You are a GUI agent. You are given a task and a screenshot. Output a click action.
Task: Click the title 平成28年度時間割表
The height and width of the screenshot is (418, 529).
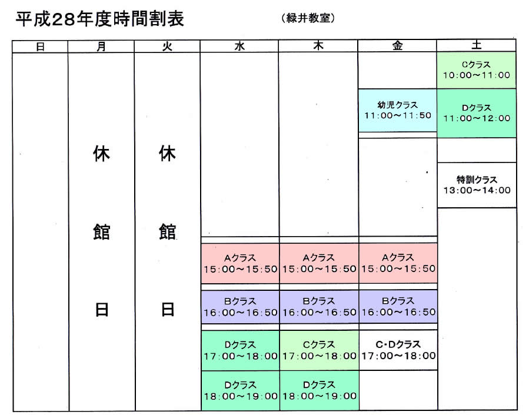tap(100, 19)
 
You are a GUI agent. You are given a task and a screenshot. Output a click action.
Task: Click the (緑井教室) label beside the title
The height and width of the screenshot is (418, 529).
tap(308, 18)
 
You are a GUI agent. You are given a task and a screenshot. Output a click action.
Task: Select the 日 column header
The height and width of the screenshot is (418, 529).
tap(40, 47)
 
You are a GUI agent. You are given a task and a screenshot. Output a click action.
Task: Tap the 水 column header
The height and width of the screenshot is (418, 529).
tap(239, 47)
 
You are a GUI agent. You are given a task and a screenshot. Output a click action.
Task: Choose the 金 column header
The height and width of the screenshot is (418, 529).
tap(397, 45)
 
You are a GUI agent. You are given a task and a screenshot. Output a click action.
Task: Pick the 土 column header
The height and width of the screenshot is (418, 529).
tap(477, 45)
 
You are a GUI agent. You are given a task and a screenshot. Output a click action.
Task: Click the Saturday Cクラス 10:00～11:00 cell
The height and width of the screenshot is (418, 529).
tap(477, 70)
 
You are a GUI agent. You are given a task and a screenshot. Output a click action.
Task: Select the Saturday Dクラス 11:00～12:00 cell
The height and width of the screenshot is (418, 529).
tap(477, 113)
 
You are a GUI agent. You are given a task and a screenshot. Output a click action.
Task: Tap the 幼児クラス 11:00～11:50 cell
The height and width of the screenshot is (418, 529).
tap(397, 110)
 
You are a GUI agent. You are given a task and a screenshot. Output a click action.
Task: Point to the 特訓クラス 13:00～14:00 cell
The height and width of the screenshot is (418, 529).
tap(477, 185)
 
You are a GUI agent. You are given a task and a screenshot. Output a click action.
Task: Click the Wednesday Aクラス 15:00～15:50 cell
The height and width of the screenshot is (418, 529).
tap(240, 263)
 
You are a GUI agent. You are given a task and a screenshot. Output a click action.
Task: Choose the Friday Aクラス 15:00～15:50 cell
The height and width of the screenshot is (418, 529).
tap(398, 263)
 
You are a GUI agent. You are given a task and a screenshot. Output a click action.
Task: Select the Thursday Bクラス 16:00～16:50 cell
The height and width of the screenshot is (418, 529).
tap(319, 307)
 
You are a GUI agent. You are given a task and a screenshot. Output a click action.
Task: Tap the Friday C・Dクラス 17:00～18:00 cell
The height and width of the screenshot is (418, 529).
tap(398, 350)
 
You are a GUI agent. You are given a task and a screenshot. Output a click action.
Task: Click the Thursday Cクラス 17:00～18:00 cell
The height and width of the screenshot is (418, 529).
tap(319, 350)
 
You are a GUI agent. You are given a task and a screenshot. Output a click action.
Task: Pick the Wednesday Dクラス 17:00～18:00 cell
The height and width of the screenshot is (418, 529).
tap(240, 350)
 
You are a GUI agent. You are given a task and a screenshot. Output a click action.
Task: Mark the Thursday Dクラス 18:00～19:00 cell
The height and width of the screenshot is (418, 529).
tap(319, 391)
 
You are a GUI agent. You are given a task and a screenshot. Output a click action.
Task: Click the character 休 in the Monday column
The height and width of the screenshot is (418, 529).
tap(101, 154)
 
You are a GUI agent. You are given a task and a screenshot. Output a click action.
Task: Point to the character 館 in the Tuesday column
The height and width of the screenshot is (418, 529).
tap(167, 231)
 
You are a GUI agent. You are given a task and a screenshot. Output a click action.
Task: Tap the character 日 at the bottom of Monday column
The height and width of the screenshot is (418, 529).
tap(102, 310)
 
